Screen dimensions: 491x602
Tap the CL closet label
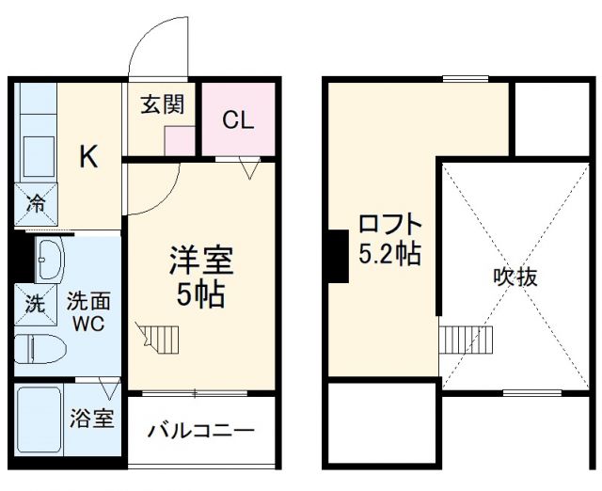[238, 120]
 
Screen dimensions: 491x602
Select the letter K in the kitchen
[87, 157]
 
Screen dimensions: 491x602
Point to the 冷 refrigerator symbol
[36, 202]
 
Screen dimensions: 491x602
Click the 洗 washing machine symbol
[35, 304]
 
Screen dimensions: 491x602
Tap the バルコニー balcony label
[201, 432]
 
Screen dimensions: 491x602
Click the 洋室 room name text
[200, 261]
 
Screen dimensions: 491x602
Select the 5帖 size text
[200, 295]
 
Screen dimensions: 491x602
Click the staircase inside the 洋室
[155, 335]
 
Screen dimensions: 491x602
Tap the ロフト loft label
[389, 226]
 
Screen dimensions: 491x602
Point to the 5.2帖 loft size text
[389, 254]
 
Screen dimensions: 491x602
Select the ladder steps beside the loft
[467, 337]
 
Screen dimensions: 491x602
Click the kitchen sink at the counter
[37, 156]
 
